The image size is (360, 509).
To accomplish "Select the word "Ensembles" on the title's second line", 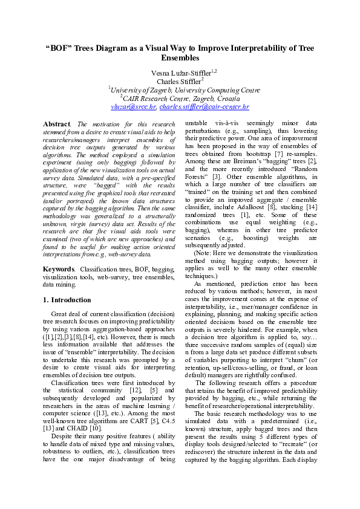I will (180, 58).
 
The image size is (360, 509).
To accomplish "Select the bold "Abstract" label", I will (57, 124).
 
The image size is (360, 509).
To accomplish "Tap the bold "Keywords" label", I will (59, 268).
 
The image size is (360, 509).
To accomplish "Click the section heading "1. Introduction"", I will (67, 300).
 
